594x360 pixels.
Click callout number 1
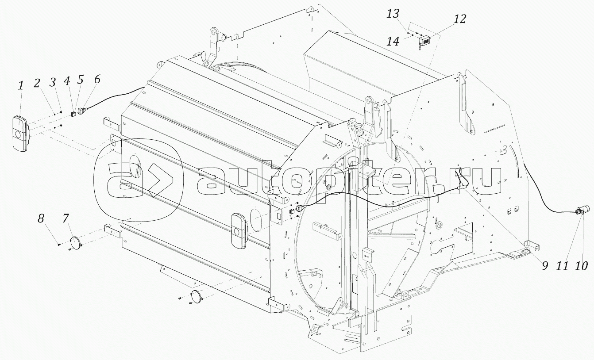coord(21,87)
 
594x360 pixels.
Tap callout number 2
coord(37,83)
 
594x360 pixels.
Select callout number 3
coord(53,82)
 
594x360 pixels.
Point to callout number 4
coord(67,81)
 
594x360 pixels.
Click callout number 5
coord(80,80)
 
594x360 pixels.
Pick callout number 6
coord(97,79)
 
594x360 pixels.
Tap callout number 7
coord(66,218)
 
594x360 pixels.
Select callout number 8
coord(41,219)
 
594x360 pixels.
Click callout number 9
coord(545,266)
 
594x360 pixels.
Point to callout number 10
coord(581,266)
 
